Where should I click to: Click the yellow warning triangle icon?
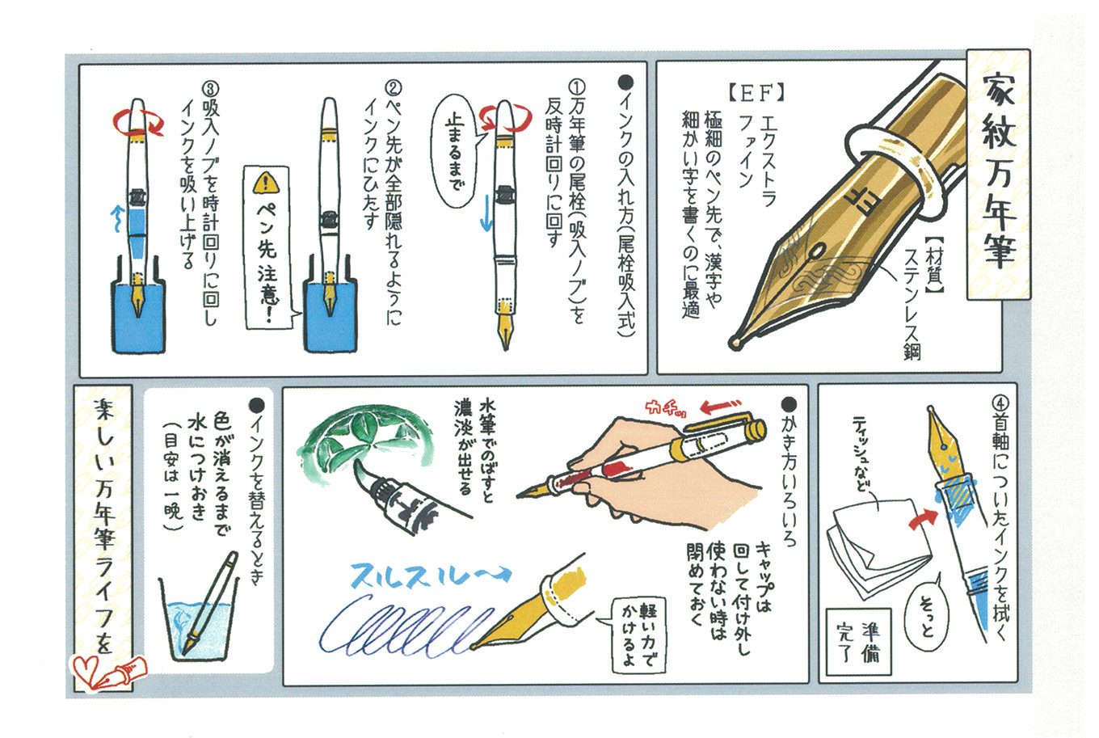[x=264, y=183]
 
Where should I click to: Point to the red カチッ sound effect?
[x=664, y=408]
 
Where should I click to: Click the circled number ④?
[x=999, y=402]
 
